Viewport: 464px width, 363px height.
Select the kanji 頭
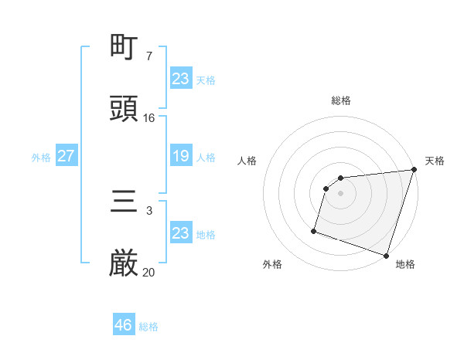[x=125, y=109]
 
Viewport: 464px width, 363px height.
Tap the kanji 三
[x=125, y=204]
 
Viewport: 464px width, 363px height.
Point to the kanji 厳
[x=125, y=264]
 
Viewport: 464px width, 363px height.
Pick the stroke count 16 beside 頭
[x=148, y=118]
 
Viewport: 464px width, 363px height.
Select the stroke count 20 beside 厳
[x=148, y=272]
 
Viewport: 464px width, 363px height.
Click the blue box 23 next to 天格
[x=180, y=78]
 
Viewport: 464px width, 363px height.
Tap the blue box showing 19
[x=180, y=156]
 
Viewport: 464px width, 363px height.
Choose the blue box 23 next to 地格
[x=180, y=233]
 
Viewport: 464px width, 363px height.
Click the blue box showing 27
[x=66, y=156]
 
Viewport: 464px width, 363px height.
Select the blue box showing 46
[x=124, y=325]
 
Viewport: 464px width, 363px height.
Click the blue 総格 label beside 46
[x=149, y=327]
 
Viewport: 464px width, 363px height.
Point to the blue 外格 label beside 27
[x=41, y=158]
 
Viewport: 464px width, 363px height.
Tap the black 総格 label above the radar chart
[x=341, y=100]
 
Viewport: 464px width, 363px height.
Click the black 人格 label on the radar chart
[x=247, y=161]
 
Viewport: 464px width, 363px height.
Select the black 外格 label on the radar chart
[x=272, y=264]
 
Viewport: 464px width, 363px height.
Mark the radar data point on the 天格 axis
[x=414, y=170]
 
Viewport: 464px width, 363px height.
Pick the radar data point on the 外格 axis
[x=314, y=230]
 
